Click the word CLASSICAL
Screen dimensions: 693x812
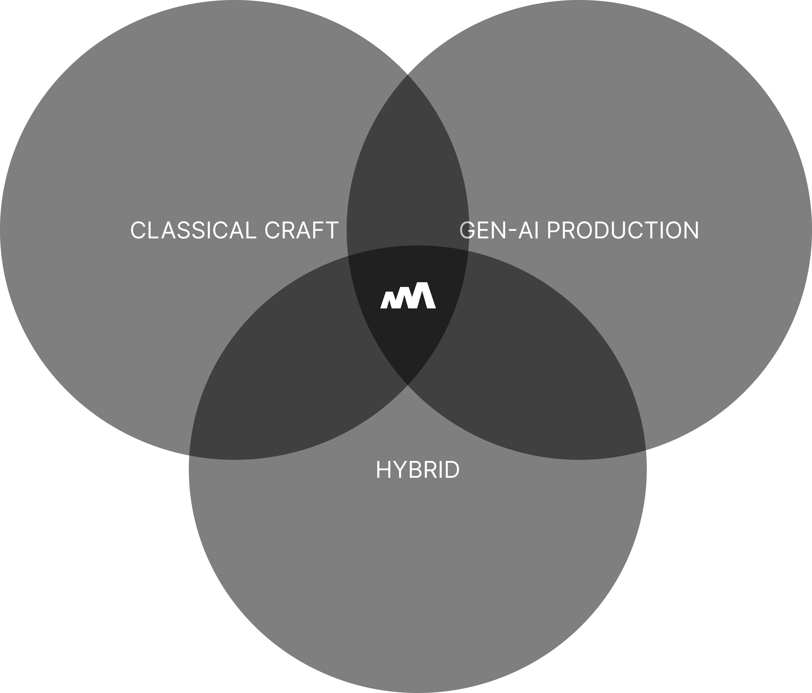[194, 230]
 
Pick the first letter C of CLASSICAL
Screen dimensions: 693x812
[138, 230]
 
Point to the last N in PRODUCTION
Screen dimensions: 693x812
[692, 230]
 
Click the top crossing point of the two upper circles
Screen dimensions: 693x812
[408, 74]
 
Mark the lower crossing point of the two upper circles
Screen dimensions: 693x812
[408, 385]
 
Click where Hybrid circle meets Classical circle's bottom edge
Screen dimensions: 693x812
[190, 455]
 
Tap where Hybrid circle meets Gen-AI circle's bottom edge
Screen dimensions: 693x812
[645, 450]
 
